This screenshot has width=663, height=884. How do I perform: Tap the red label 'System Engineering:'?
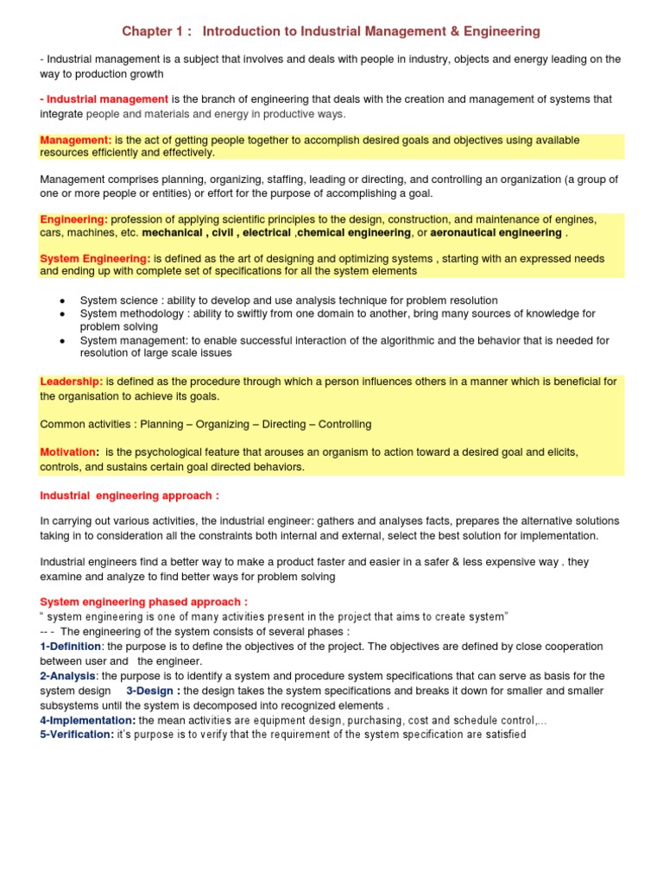point(95,258)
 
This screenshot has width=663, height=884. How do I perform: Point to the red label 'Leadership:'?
point(72,382)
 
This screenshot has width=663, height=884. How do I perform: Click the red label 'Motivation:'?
point(70,452)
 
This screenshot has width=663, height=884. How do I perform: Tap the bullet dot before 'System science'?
point(63,301)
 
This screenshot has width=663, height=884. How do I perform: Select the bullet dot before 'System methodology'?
point(63,313)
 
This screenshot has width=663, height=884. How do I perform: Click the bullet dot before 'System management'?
point(63,341)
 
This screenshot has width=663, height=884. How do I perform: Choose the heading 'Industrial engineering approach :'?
point(129,496)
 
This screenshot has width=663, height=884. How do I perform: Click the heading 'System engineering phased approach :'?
point(144,602)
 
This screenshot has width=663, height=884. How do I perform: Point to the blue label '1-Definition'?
point(71,646)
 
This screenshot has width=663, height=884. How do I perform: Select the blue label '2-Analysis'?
point(68,675)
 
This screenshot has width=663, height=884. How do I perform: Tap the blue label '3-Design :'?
point(153,691)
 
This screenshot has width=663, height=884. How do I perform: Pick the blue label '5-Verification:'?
point(77,735)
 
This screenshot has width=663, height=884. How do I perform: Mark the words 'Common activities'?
point(85,424)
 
